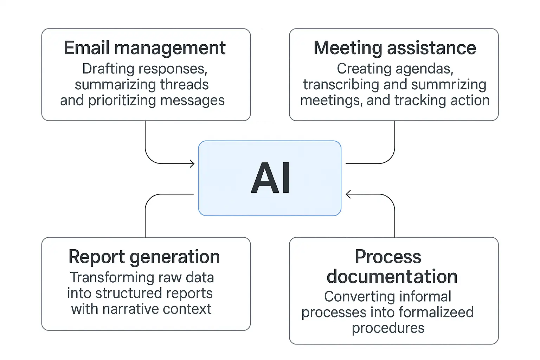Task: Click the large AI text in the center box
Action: [270, 178]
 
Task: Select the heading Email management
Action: [144, 48]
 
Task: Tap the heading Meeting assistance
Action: [394, 48]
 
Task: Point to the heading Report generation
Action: [144, 257]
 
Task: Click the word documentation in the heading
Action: [392, 277]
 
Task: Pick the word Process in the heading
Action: [388, 257]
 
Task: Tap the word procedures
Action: [388, 328]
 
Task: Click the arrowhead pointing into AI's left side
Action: [192, 163]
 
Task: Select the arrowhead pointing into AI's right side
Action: [348, 194]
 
